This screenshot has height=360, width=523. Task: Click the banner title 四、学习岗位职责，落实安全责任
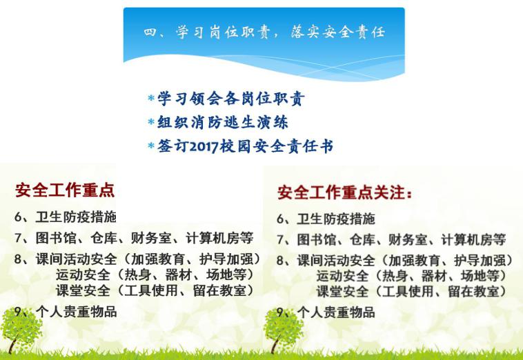pos(264,32)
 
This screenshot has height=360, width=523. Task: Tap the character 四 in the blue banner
pos(150,32)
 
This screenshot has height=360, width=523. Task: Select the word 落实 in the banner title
pos(305,32)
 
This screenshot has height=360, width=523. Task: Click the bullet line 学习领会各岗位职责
pos(231,99)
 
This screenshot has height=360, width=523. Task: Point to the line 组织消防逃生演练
pos(222,122)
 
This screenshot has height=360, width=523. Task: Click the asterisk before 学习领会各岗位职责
pos(151,98)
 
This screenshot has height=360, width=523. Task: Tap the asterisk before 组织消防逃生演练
pos(151,121)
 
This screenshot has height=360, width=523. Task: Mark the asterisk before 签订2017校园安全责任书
pos(151,146)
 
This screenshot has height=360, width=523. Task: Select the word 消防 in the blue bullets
pos(206,122)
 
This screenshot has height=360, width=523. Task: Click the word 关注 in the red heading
pos(389,192)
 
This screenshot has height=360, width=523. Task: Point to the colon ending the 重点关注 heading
pos(410,194)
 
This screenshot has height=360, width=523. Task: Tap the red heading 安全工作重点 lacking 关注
pos(65,190)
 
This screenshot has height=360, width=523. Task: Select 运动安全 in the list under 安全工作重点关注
pos(342,276)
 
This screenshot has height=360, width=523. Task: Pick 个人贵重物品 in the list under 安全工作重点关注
pos(336,312)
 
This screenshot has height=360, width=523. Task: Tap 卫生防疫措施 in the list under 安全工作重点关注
pos(336,219)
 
